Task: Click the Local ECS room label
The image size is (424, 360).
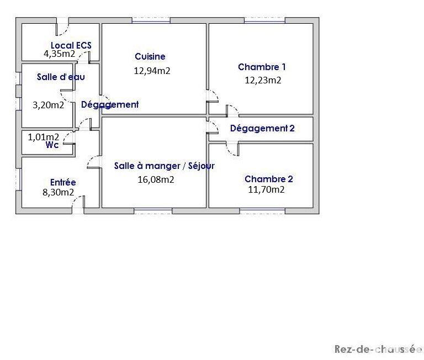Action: (x=71, y=45)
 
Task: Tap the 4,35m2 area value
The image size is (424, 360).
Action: (x=60, y=54)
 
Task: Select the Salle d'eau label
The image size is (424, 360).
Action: (x=61, y=77)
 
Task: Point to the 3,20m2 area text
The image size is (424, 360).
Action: (x=49, y=104)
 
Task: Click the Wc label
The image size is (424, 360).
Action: (x=52, y=145)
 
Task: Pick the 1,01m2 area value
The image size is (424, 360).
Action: (x=44, y=137)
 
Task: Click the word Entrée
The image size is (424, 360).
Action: (x=63, y=183)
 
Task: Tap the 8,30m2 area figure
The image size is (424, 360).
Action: (x=59, y=192)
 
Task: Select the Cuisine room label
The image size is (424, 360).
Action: (x=150, y=56)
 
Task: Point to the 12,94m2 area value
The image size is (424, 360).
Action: (x=152, y=70)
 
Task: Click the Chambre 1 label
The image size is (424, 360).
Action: (x=262, y=67)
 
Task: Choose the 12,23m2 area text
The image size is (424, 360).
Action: (x=263, y=80)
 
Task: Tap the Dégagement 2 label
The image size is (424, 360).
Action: (x=262, y=129)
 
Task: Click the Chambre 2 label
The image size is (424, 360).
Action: (x=268, y=179)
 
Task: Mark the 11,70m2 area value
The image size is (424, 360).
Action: (x=267, y=189)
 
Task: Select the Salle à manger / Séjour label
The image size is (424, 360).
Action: (x=165, y=166)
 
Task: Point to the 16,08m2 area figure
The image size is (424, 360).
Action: (x=156, y=179)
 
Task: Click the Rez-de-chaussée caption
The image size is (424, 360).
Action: (x=378, y=349)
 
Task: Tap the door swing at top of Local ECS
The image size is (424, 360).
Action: (x=62, y=25)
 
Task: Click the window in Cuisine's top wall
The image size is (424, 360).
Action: (x=151, y=20)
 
